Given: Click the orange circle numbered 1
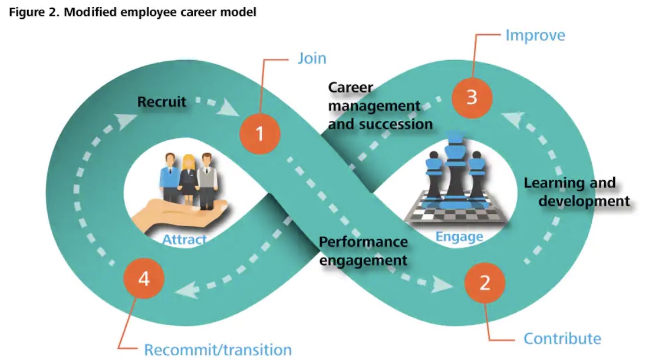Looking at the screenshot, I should tap(260, 134).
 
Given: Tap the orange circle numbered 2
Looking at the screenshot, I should tap(485, 283).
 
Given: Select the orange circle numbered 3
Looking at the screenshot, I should tap(472, 97).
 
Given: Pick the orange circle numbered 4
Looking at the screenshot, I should tap(144, 279).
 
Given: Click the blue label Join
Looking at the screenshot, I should tap(311, 59).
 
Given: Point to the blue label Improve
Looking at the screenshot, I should tap(535, 35).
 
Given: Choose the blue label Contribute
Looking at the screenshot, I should tap(562, 339).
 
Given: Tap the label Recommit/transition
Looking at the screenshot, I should tap(218, 350).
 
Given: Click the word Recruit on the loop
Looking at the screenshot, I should tap(162, 102).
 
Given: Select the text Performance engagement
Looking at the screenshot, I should tap(363, 250).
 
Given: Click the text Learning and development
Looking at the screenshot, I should tap(577, 192).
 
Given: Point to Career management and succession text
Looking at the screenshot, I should tap(380, 106).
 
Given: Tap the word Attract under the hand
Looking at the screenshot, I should tap(184, 240).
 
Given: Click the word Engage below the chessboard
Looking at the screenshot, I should tap(459, 237).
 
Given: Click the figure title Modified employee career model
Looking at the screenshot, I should tap(133, 12).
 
